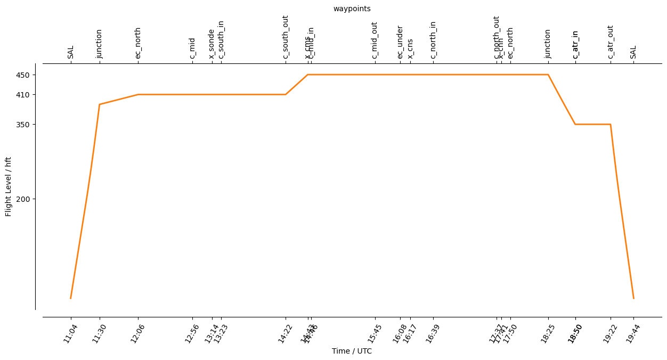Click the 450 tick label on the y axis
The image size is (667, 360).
pyautogui.click(x=30, y=75)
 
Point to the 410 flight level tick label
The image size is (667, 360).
pyautogui.click(x=30, y=95)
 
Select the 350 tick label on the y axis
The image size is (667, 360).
pyautogui.click(x=30, y=125)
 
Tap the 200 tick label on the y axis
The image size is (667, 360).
pyautogui.click(x=30, y=199)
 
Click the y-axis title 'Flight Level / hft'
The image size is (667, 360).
pyautogui.click(x=8, y=186)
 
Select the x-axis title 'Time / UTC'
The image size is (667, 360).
pyautogui.click(x=352, y=351)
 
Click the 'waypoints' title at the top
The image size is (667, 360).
pyautogui.click(x=352, y=9)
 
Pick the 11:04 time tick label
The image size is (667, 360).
pyautogui.click(x=70, y=333)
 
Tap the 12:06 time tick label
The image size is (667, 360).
pyautogui.click(x=138, y=333)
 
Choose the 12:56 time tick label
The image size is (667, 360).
pyautogui.click(x=192, y=333)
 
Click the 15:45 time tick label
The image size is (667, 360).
pyautogui.click(x=375, y=333)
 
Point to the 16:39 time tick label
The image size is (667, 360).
pyautogui.click(x=433, y=333)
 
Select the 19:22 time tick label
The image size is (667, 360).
pyautogui.click(x=610, y=333)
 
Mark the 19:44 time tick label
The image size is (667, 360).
pyautogui.click(x=633, y=333)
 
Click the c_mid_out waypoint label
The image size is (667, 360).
pyautogui.click(x=375, y=40)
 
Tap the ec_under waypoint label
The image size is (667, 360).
pyautogui.click(x=400, y=42)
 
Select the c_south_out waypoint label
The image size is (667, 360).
pyautogui.click(x=286, y=37)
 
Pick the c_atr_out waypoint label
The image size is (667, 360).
pyautogui.click(x=611, y=42)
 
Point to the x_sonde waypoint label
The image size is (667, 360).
pyautogui.click(x=212, y=43)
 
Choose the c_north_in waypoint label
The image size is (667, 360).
pyautogui.click(x=433, y=40)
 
